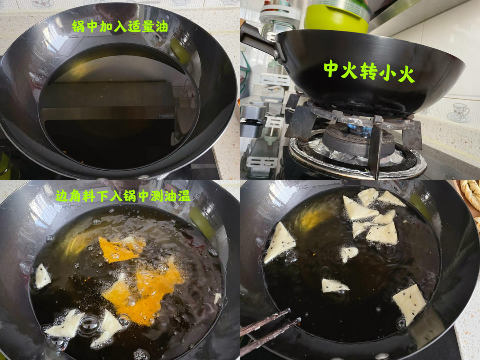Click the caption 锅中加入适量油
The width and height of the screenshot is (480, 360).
[x=120, y=26]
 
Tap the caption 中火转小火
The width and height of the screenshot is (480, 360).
[x=369, y=71]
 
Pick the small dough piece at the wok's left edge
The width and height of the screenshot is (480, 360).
[x=43, y=276]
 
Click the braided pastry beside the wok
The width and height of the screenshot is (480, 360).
[x=471, y=193]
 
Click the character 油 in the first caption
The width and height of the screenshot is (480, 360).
[x=162, y=26]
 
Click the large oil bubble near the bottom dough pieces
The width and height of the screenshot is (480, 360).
[x=88, y=325]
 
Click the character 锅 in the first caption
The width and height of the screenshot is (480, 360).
[x=78, y=26]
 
